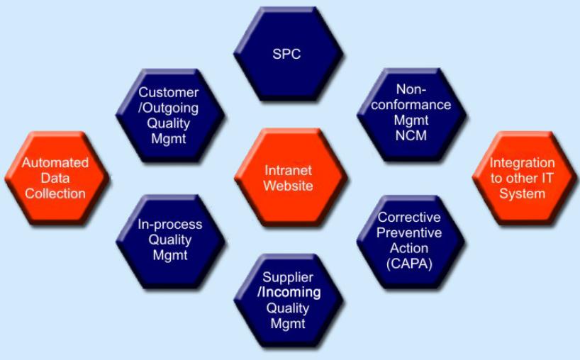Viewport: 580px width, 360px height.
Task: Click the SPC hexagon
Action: coord(288,54)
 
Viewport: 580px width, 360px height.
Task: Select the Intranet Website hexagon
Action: coord(289,178)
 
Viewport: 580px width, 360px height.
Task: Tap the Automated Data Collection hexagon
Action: coord(55,178)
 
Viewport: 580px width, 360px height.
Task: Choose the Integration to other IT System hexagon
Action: coord(523,178)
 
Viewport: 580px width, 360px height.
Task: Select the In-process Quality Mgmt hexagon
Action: coord(170,240)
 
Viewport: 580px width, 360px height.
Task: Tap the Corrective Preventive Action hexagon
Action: coord(409,240)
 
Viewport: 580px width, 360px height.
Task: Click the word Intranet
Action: coord(289,171)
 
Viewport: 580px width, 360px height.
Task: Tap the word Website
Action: coord(289,186)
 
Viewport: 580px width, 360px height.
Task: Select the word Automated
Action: coord(55,163)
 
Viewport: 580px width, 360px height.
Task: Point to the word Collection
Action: coord(55,193)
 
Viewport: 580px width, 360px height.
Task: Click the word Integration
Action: coord(523,163)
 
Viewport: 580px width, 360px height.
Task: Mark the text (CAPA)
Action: coord(409,264)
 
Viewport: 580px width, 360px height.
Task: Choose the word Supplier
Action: coord(288,276)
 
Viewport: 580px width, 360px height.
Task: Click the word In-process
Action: coord(170,225)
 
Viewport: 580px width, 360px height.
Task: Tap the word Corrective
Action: coord(409,218)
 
